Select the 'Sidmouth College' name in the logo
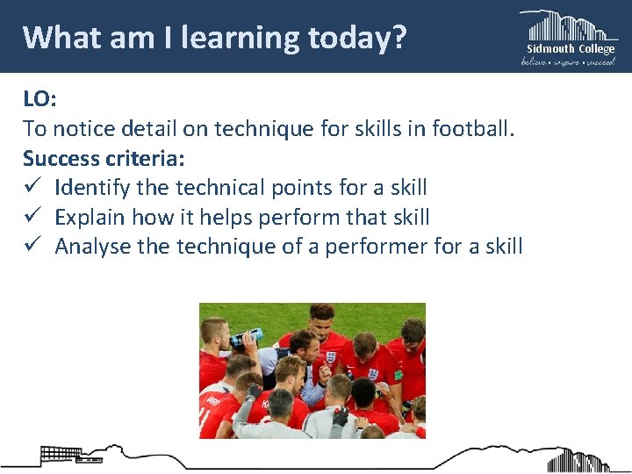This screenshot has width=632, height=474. (570, 49)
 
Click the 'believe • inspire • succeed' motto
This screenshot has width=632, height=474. (569, 61)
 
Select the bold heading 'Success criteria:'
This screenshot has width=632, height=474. (104, 158)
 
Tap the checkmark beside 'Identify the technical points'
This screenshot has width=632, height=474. (32, 188)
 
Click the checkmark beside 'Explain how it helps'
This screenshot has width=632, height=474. (32, 217)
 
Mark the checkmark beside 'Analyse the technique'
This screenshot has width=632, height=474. (32, 247)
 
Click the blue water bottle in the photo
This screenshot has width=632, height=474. (248, 337)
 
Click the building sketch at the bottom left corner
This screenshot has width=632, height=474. (59, 455)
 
